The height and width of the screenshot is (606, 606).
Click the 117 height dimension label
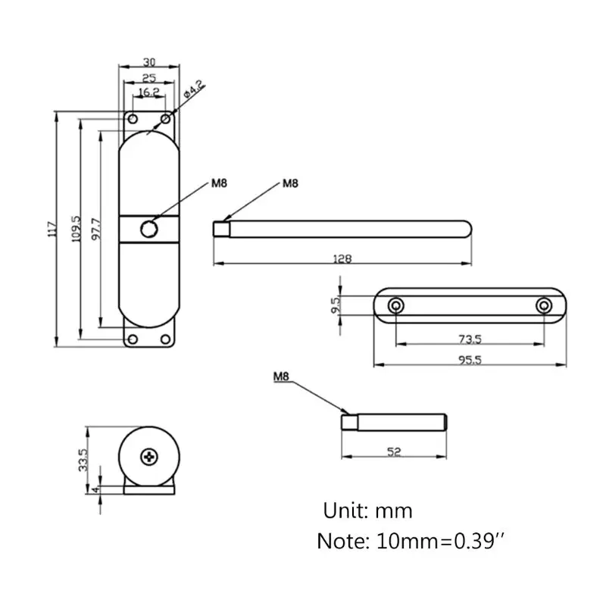[52, 229]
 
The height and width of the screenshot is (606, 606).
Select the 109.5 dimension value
[77, 229]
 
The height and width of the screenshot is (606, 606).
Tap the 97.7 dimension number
[96, 229]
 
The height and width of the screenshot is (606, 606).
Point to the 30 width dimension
[149, 62]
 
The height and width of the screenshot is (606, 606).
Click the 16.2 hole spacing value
[148, 92]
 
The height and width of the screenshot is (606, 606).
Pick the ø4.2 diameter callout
[193, 89]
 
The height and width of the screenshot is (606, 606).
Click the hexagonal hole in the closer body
[148, 230]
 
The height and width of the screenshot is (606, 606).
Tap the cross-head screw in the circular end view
[149, 458]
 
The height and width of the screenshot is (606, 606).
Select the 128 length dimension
[342, 258]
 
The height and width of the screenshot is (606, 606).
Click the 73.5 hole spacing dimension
[470, 339]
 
